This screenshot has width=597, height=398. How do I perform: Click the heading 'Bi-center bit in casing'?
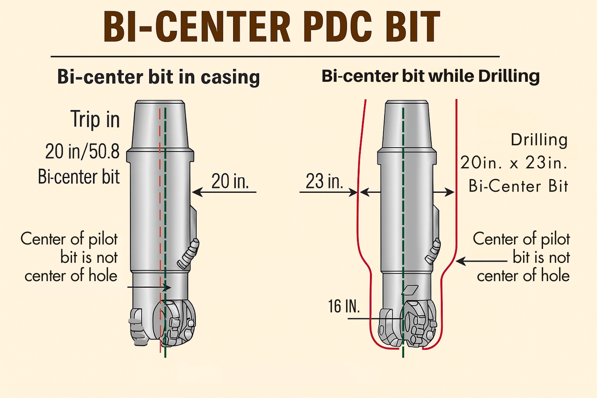tap(158, 77)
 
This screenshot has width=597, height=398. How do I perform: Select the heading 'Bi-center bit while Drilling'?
tap(431, 76)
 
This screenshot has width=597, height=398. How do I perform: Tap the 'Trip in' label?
tap(95, 119)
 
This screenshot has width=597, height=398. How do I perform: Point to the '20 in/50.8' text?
tap(82, 151)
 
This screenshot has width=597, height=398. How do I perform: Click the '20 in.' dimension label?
tap(230, 181)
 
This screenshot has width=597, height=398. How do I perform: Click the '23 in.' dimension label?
tap(324, 181)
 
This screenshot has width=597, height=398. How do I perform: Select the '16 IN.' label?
tap(344, 306)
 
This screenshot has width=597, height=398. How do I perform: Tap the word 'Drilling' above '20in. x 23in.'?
tap(539, 140)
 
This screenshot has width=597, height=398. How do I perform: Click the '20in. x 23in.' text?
tap(514, 163)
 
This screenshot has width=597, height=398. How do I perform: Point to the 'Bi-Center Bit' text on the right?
tap(518, 186)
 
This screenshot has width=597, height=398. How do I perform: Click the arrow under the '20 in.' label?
tap(224, 192)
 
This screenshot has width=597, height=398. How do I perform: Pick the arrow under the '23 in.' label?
tap(328, 192)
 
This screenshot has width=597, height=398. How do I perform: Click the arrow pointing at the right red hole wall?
tap(481, 261)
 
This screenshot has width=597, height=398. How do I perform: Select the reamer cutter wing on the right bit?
tap(433, 251)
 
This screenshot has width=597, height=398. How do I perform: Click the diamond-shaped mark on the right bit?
tap(410, 290)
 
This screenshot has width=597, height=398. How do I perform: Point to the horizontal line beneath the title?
tap(275, 57)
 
